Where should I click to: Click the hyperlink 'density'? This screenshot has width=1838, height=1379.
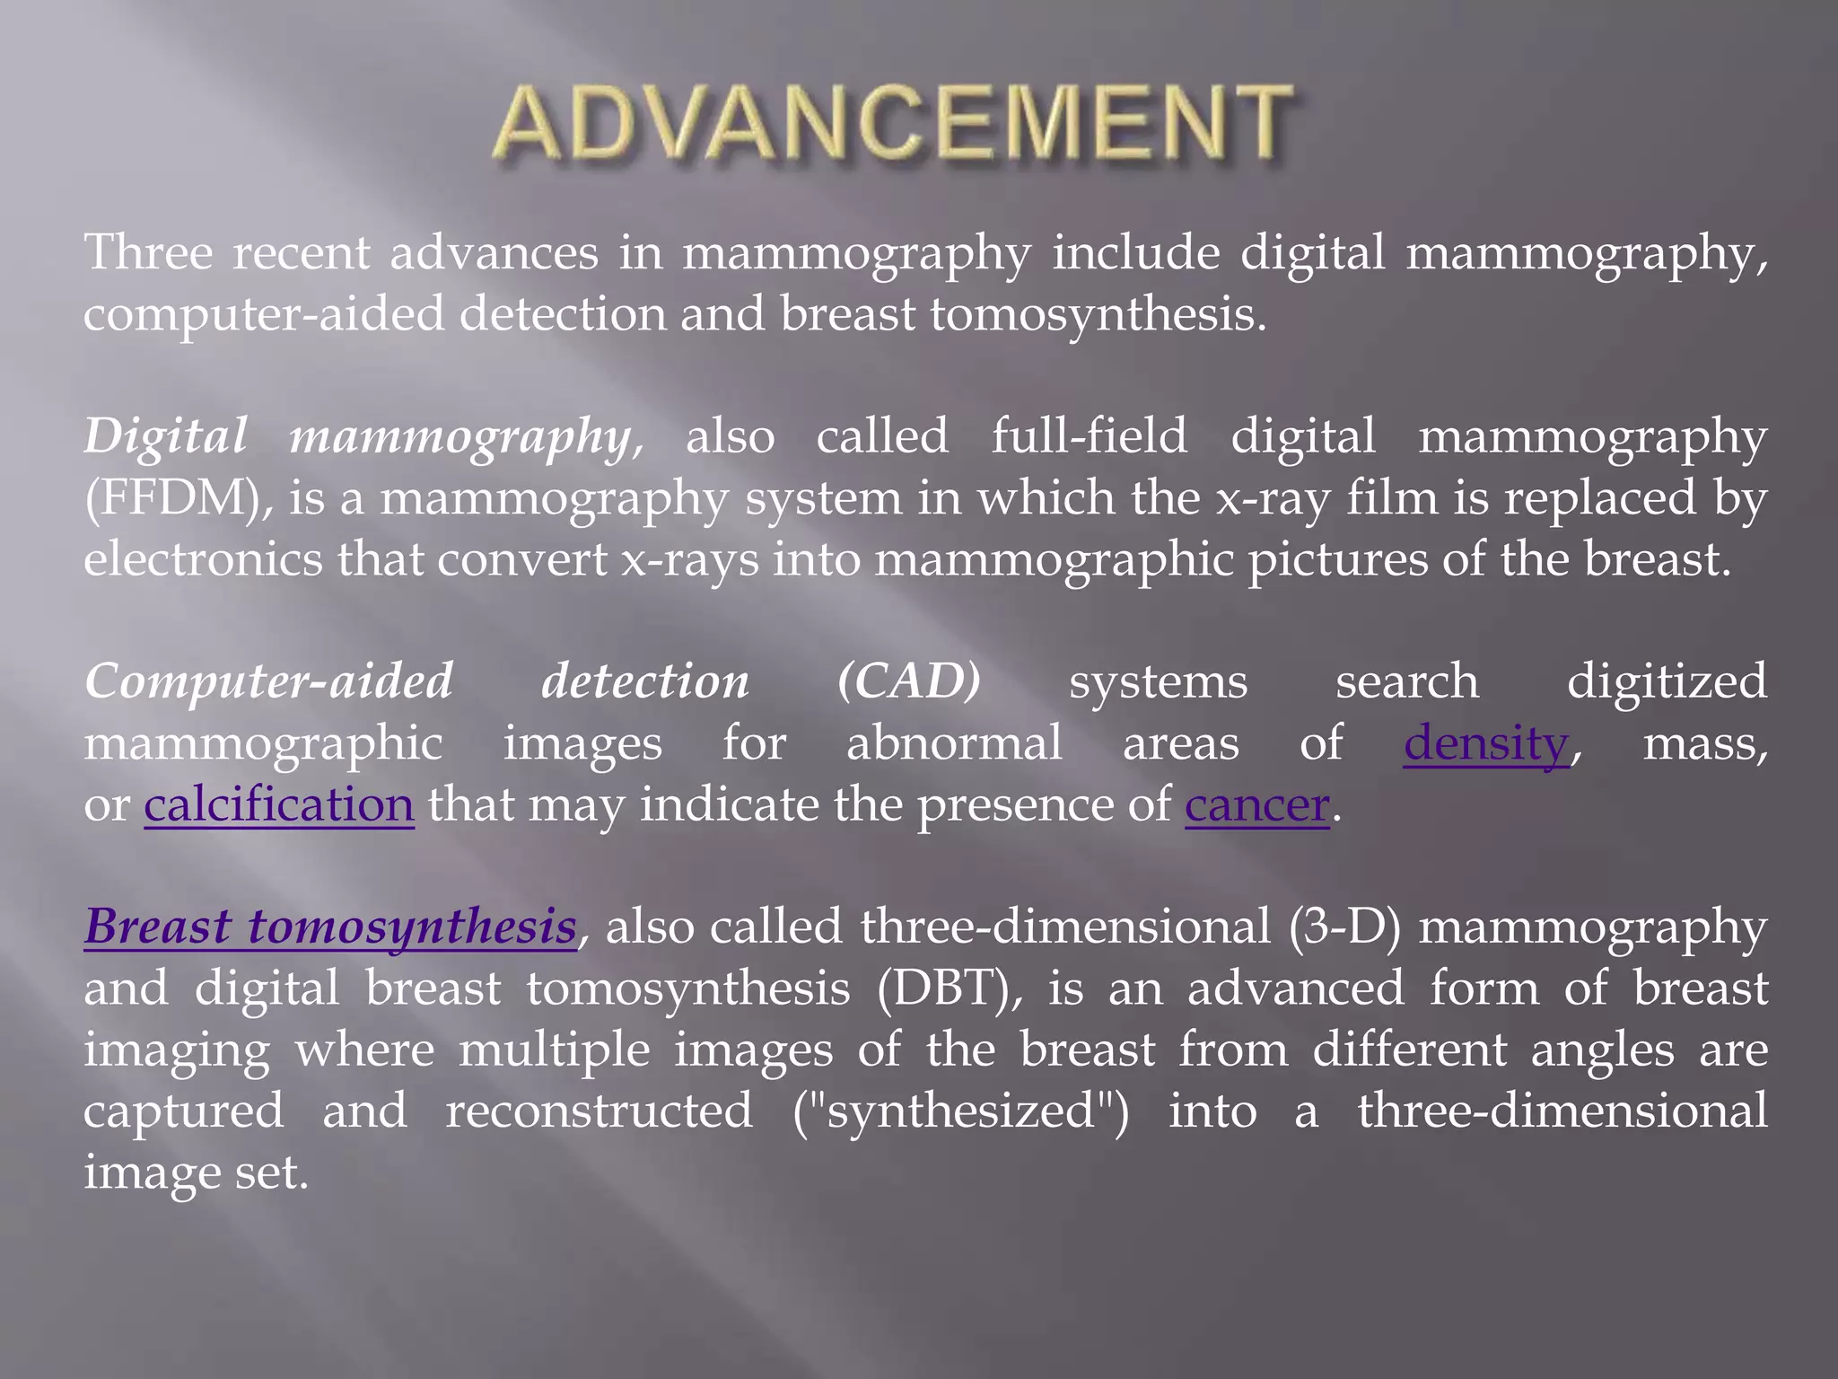tap(1486, 743)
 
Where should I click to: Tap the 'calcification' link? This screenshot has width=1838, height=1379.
tap(278, 804)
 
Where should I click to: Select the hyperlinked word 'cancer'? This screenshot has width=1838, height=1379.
tap(1256, 804)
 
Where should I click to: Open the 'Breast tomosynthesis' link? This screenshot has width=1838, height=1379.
tap(330, 927)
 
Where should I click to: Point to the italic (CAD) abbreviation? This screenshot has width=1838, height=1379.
tap(909, 681)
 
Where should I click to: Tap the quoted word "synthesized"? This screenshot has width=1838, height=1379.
tap(961, 1111)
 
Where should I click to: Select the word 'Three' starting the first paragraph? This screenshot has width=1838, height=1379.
tap(148, 252)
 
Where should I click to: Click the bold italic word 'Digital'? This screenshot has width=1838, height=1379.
tap(165, 436)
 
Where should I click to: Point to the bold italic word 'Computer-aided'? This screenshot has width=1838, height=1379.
tap(268, 681)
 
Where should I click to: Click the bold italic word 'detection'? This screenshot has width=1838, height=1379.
tap(644, 681)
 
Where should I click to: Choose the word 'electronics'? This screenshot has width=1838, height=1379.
tap(203, 559)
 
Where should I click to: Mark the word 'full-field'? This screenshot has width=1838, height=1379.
tap(1089, 436)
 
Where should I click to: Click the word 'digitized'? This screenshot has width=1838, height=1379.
tap(1667, 681)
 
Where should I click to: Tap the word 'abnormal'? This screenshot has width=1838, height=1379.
tap(954, 743)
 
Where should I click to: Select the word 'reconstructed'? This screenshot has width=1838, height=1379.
tap(599, 1111)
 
